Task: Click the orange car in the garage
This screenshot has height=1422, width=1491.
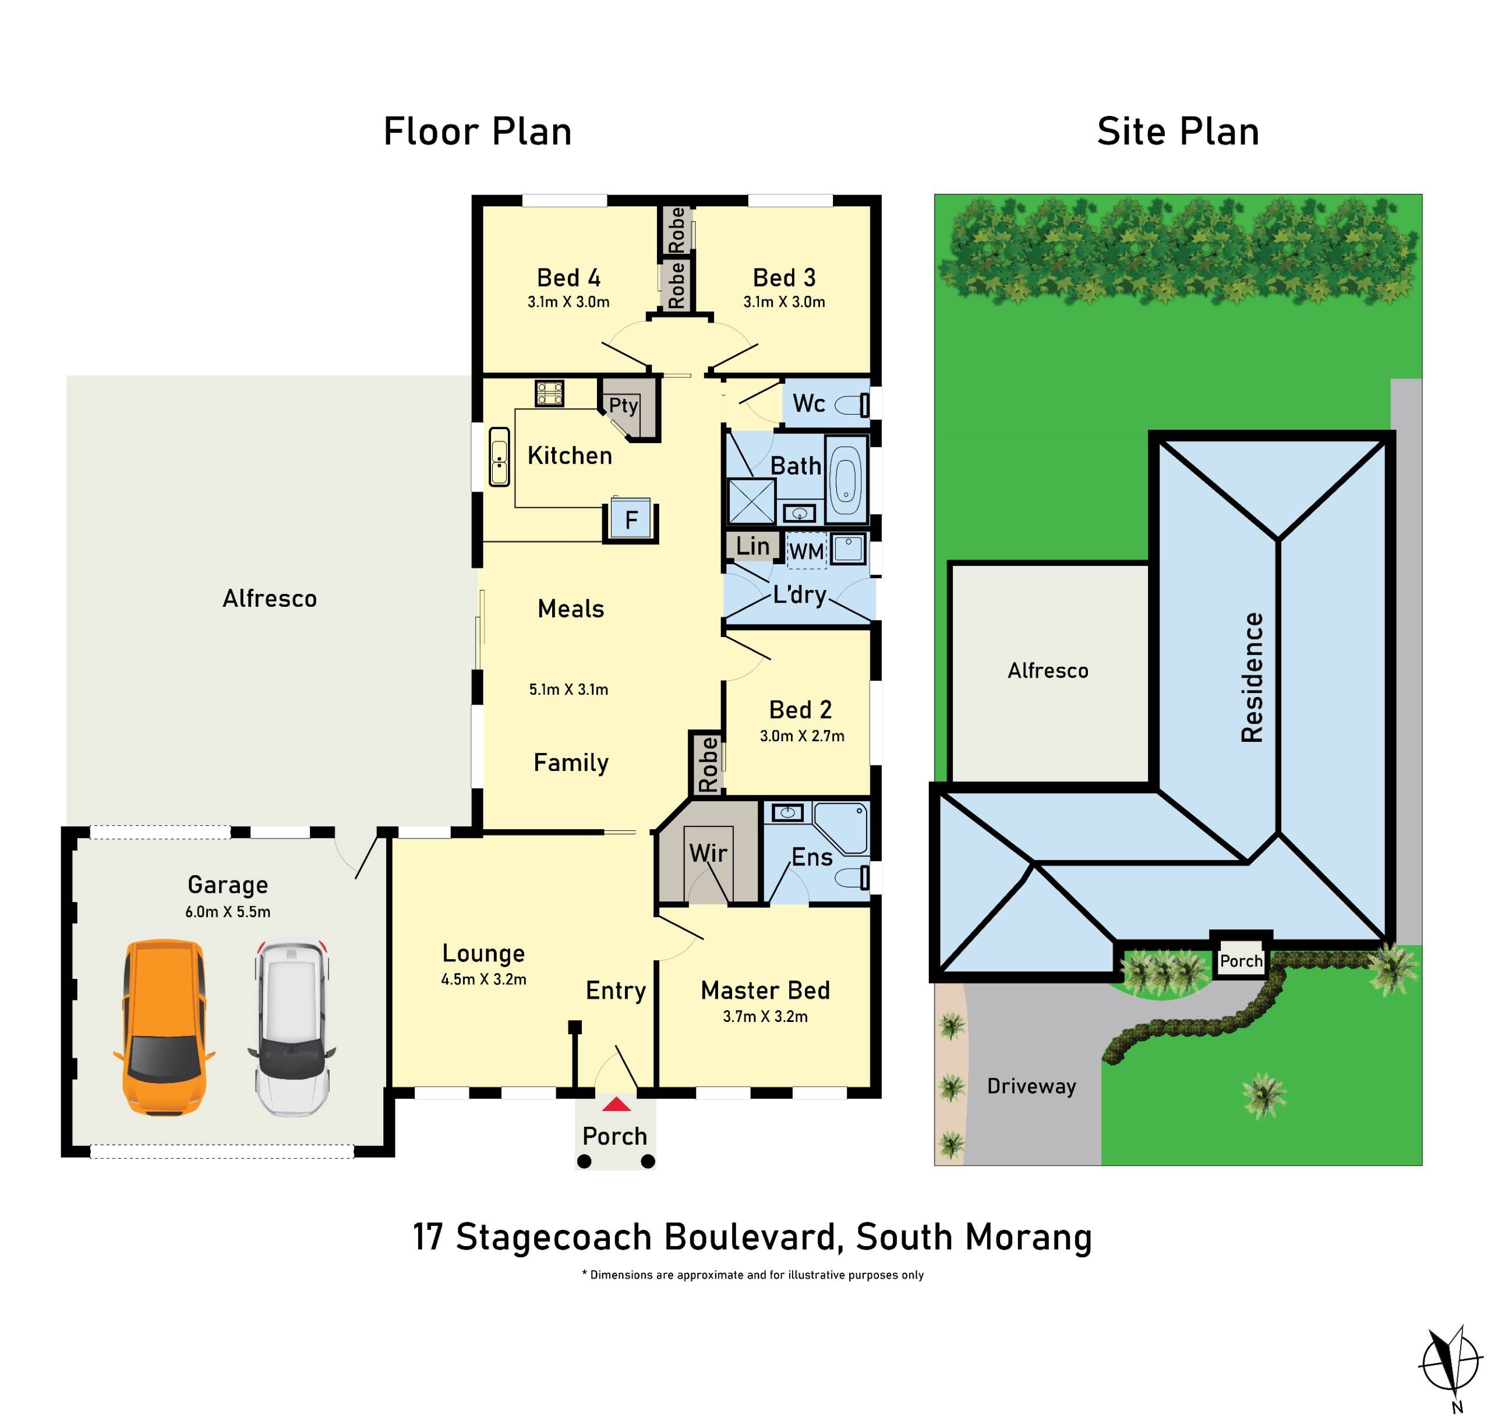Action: [x=164, y=1027]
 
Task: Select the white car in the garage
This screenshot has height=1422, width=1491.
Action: [x=292, y=1028]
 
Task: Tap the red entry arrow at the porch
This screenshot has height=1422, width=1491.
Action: [x=616, y=1105]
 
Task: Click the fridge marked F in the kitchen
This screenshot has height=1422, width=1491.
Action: [x=631, y=519]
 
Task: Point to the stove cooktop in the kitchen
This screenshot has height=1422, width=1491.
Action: [x=550, y=392]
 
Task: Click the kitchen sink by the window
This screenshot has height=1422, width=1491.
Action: [x=499, y=457]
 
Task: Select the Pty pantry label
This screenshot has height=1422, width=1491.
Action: [x=623, y=405]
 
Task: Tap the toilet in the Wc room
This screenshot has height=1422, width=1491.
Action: [x=853, y=405]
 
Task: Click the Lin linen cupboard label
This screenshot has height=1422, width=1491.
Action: [x=752, y=546]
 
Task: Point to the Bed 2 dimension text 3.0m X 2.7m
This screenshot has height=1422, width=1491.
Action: [x=801, y=735]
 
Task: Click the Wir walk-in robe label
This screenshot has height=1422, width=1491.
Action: [x=708, y=854]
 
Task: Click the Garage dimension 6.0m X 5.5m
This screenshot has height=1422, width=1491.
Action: [x=227, y=912]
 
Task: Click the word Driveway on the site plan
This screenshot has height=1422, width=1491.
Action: [x=1031, y=1086]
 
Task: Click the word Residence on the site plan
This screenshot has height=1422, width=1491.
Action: [x=1252, y=677]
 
